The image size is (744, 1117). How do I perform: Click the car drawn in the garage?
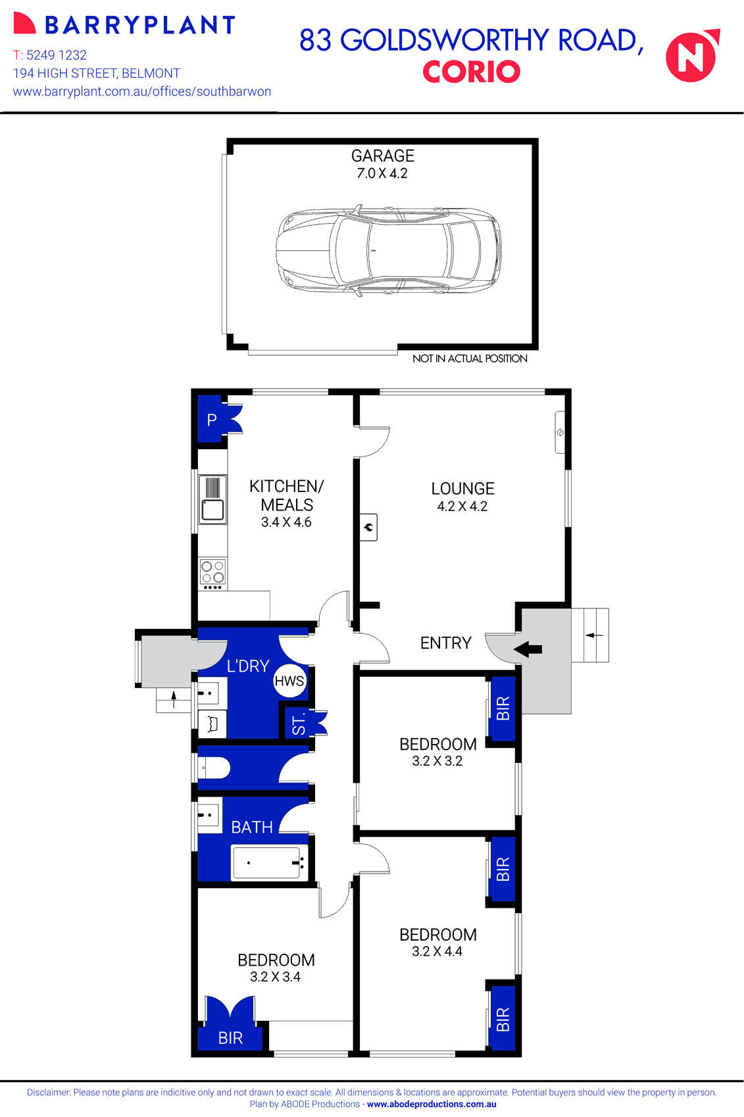[x=388, y=251]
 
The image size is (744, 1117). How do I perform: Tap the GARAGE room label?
[x=382, y=156]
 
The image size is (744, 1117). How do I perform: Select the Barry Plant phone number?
[x=50, y=55]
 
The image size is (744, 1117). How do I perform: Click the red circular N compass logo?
[x=691, y=56]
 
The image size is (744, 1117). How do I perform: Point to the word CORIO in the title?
[x=471, y=72]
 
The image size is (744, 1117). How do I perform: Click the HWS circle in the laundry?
[x=289, y=681]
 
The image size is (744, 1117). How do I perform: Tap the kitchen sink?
[x=212, y=510]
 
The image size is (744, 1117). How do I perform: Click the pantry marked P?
[x=212, y=420]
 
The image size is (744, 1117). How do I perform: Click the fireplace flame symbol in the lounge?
[x=369, y=527]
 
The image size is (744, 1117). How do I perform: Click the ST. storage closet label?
[x=299, y=724]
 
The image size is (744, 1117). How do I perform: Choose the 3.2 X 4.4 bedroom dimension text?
[x=437, y=951]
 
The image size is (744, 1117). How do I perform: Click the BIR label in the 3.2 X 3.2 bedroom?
[x=503, y=708]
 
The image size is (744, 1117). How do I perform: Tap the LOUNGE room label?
[x=462, y=489]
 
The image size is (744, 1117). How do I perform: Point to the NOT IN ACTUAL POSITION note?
[x=470, y=359]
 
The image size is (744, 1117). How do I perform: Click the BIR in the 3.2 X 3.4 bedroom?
[x=230, y=1037]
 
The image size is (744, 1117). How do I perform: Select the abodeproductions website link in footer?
[x=432, y=1105]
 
